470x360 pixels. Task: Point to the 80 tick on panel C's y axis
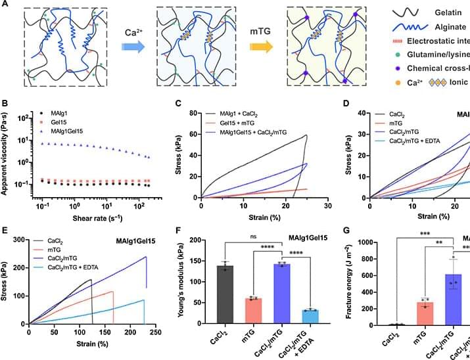point(194,114)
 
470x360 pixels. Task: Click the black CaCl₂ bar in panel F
point(225,295)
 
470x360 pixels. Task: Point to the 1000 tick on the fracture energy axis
point(370,242)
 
